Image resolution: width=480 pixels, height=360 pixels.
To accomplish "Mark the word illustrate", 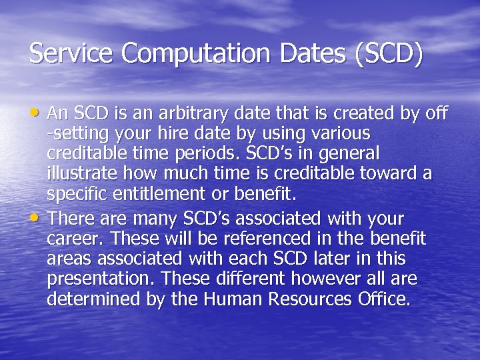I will tap(77, 174).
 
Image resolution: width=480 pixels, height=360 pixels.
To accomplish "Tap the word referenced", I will tap(249, 238).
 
